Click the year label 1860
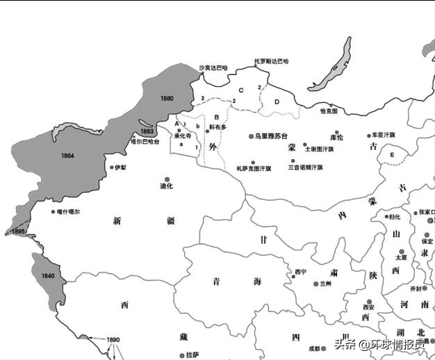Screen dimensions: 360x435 [x=167, y=98]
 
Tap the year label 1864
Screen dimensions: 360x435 [x=67, y=154]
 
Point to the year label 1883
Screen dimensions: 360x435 [x=147, y=131]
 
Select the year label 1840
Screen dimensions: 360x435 [x=48, y=276]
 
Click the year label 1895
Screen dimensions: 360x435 [x=19, y=231]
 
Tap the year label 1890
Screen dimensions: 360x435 [x=113, y=340]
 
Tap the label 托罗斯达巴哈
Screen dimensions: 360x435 [x=271, y=60]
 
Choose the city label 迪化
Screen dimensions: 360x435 [x=166, y=186]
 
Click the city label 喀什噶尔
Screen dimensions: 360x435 [x=69, y=211]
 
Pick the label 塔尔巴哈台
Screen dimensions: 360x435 [x=145, y=141]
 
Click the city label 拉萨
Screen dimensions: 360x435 [x=192, y=354]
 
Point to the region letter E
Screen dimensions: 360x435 [x=392, y=154]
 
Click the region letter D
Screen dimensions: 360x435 [x=277, y=101]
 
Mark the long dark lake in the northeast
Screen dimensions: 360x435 [x=332, y=65]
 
